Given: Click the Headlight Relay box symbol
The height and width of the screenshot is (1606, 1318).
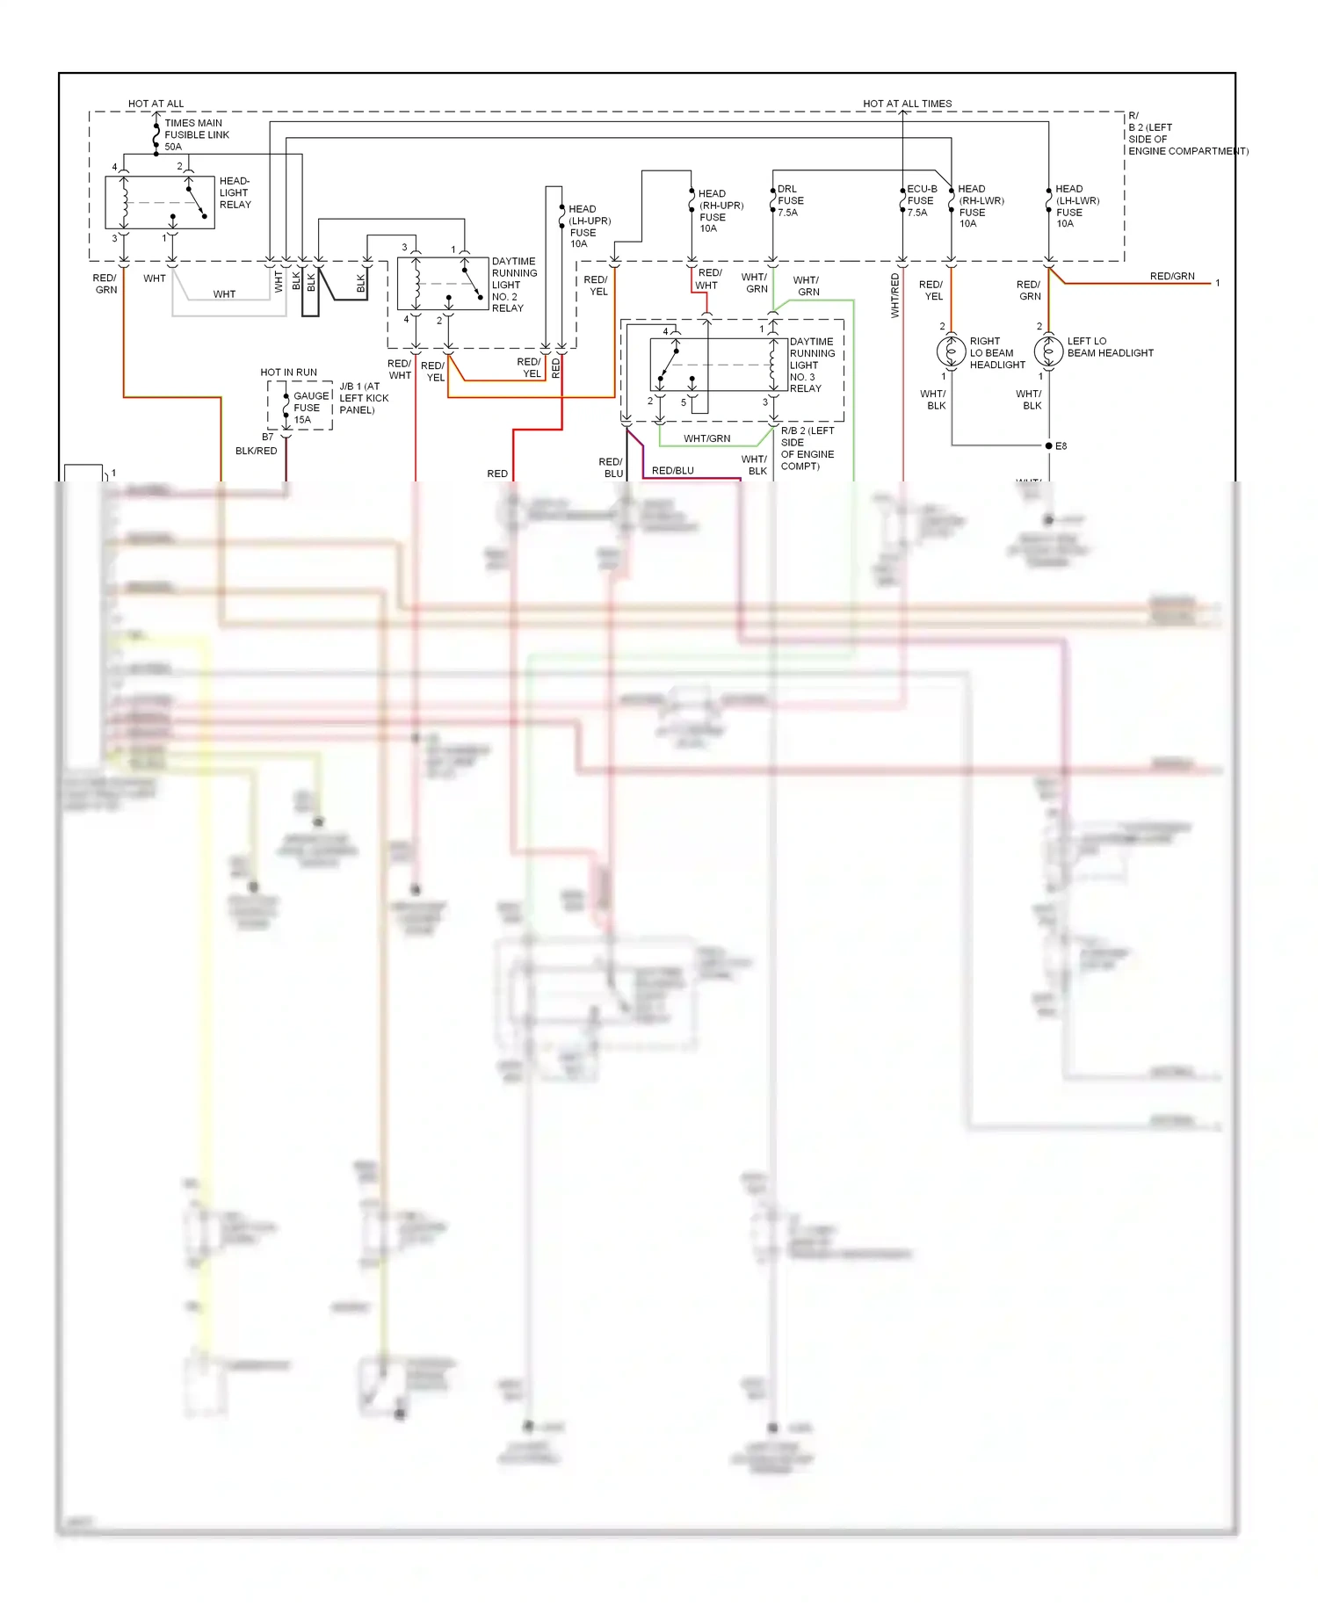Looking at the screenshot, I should click(159, 203).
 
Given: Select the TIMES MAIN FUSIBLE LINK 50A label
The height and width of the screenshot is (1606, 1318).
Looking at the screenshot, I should click(196, 134).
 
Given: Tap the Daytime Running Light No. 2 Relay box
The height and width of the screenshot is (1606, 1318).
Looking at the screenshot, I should click(442, 283).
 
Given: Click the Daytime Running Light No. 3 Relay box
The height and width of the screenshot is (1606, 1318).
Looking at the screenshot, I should click(718, 365).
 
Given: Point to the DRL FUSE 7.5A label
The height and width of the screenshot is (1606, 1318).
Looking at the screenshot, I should click(790, 200).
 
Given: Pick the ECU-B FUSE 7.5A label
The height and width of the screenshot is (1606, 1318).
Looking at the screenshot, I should click(921, 200).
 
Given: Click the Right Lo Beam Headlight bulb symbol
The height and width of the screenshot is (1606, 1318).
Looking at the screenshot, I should click(951, 351).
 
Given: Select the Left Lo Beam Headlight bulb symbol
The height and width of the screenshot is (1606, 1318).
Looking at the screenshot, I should click(1048, 351).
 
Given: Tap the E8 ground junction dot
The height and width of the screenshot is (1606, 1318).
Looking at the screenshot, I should click(1048, 445).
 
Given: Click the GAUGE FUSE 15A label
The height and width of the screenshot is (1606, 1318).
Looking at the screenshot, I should click(310, 408).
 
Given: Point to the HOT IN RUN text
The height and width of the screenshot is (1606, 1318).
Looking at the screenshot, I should click(288, 373).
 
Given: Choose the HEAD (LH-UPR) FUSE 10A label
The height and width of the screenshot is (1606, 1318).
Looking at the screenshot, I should click(589, 226).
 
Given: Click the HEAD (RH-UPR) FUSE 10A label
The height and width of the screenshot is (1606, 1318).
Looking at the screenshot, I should click(720, 211).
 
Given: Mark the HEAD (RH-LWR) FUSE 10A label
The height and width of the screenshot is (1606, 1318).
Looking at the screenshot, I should click(980, 206).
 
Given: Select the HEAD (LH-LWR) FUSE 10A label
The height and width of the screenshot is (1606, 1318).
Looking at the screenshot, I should click(1076, 206).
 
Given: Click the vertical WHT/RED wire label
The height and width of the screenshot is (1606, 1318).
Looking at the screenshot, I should click(895, 295).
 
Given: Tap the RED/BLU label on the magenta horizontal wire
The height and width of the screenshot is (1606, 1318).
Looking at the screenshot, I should click(673, 471).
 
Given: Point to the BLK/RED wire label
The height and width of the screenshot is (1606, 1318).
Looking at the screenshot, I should click(256, 451).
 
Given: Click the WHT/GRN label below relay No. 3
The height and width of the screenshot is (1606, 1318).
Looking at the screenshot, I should click(706, 438).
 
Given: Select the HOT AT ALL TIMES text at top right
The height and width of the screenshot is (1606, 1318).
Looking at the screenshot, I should click(907, 104).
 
